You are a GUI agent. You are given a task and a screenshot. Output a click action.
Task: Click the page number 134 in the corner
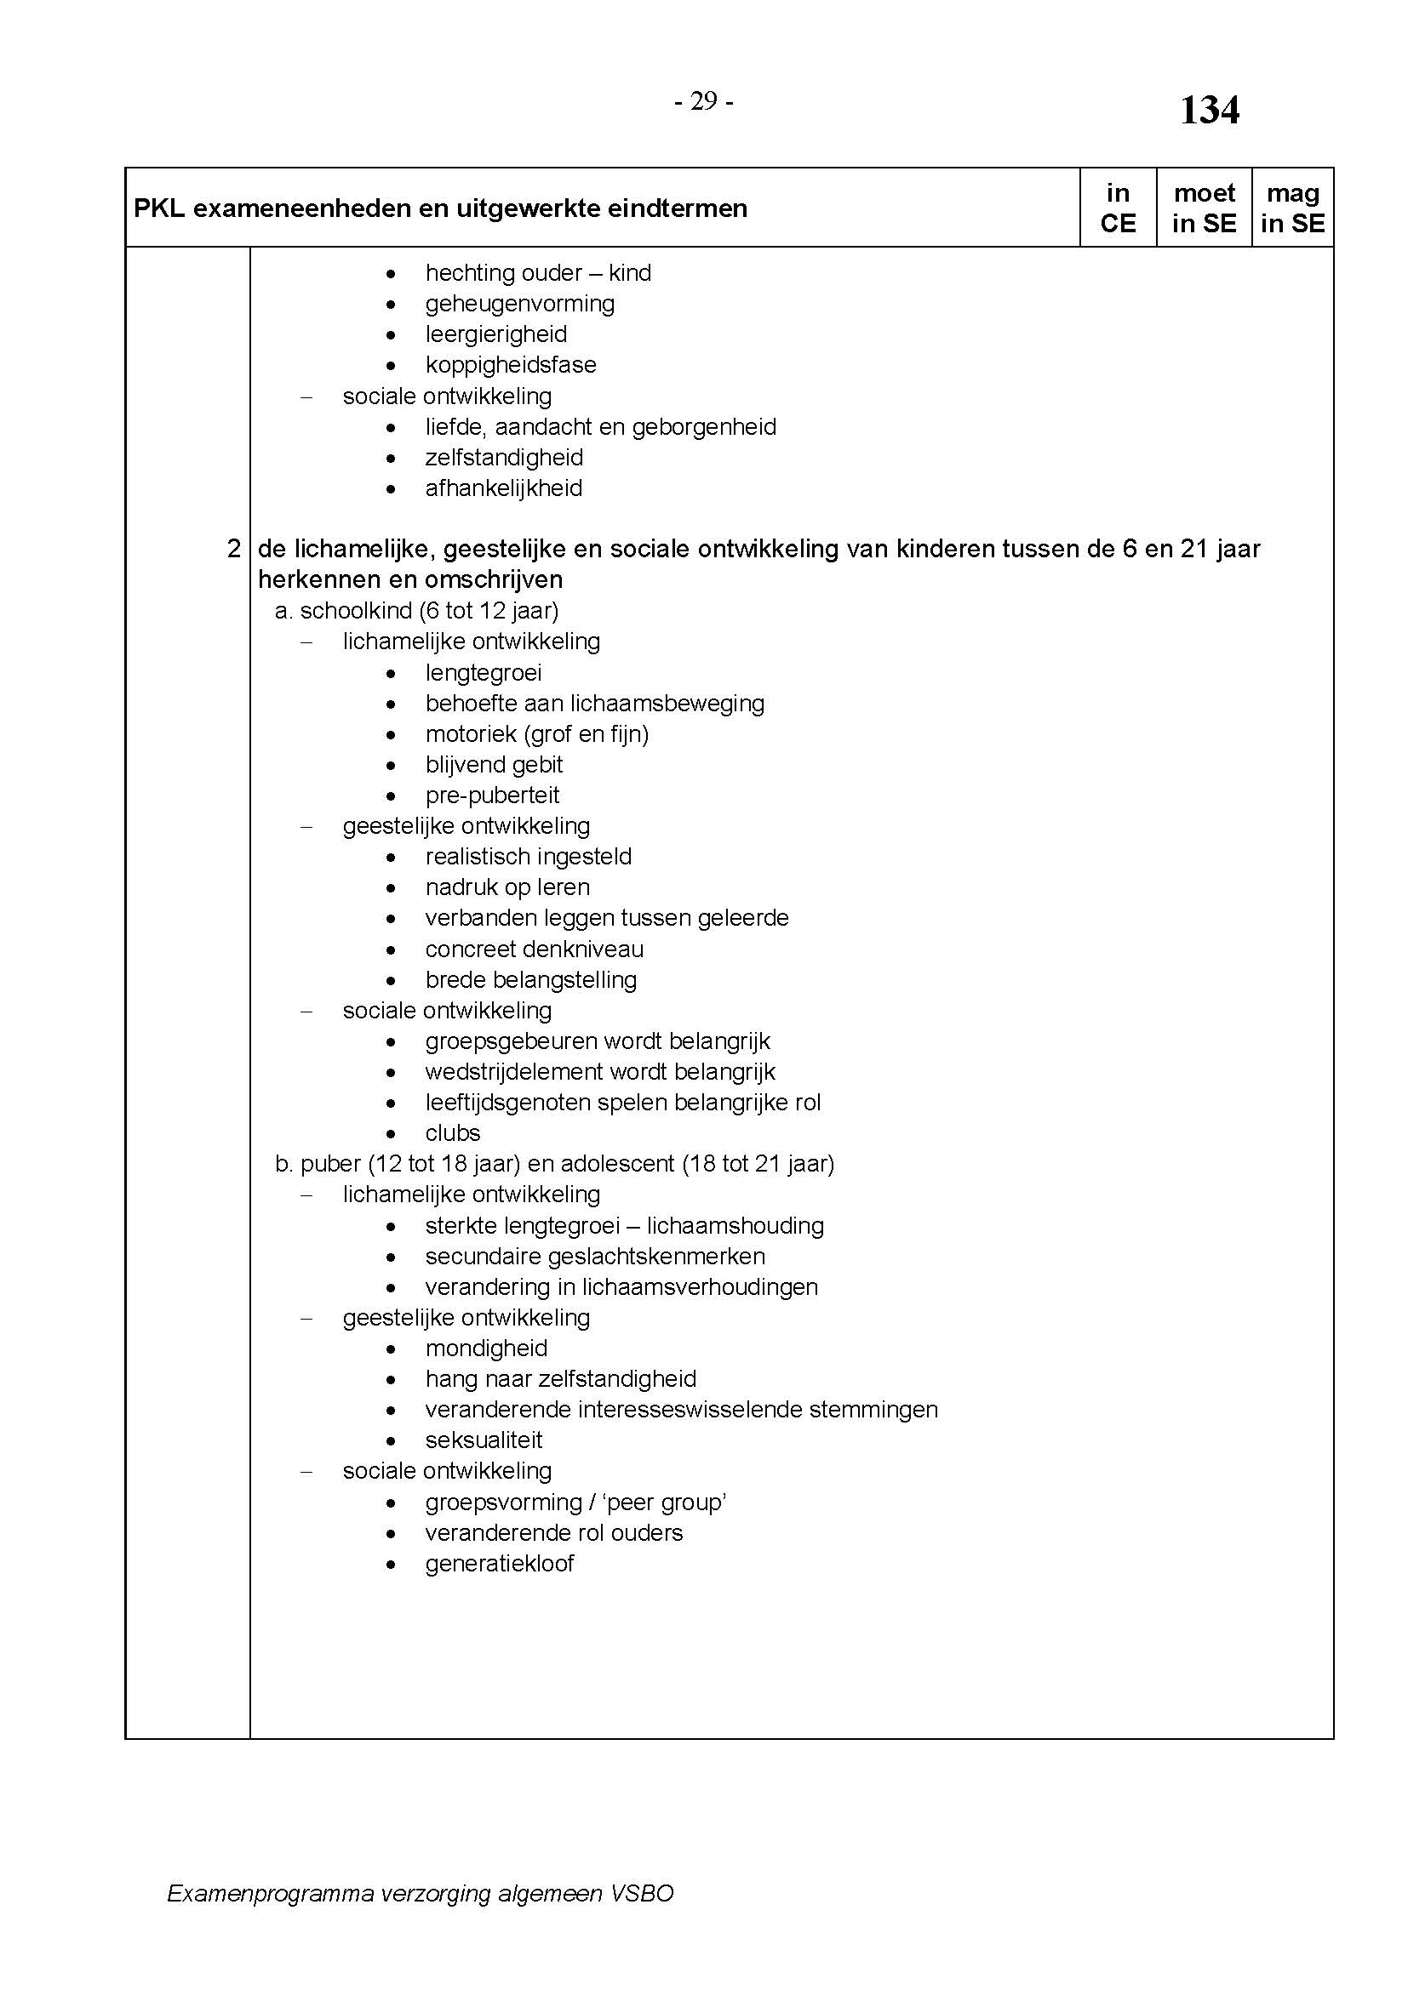click(x=1209, y=111)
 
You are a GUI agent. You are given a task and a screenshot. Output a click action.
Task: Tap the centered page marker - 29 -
click(x=704, y=102)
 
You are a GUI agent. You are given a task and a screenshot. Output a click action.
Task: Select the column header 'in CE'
click(x=1118, y=208)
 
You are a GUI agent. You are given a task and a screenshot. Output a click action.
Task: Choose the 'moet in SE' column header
click(x=1204, y=208)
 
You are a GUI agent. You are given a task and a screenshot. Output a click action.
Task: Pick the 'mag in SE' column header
click(x=1292, y=208)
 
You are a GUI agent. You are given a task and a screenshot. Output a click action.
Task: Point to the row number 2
click(x=233, y=549)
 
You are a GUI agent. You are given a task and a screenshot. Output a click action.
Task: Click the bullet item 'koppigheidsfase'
click(x=511, y=365)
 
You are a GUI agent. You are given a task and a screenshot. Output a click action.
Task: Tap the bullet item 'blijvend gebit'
click(x=495, y=765)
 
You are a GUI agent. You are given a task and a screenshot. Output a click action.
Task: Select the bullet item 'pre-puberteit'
click(x=492, y=795)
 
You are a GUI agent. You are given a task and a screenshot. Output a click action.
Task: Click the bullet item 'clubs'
click(x=453, y=1133)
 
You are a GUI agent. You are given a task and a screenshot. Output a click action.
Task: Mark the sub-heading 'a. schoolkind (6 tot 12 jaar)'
click(x=417, y=611)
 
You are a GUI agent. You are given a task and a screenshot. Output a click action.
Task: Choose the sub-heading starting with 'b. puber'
click(x=555, y=1164)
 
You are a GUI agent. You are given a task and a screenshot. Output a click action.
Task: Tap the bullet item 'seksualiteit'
click(x=484, y=1440)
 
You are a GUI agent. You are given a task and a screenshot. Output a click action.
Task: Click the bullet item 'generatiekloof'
click(x=500, y=1564)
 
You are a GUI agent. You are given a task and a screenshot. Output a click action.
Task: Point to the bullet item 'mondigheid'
click(x=486, y=1349)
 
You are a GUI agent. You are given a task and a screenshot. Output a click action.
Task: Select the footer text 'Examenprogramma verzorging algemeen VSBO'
click(x=421, y=1894)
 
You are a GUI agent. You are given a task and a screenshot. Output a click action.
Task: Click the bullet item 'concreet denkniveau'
click(x=534, y=949)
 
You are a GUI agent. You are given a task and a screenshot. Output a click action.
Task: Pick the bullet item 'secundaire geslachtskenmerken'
click(x=596, y=1257)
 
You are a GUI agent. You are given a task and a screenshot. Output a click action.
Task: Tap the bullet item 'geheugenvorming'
click(x=520, y=304)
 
